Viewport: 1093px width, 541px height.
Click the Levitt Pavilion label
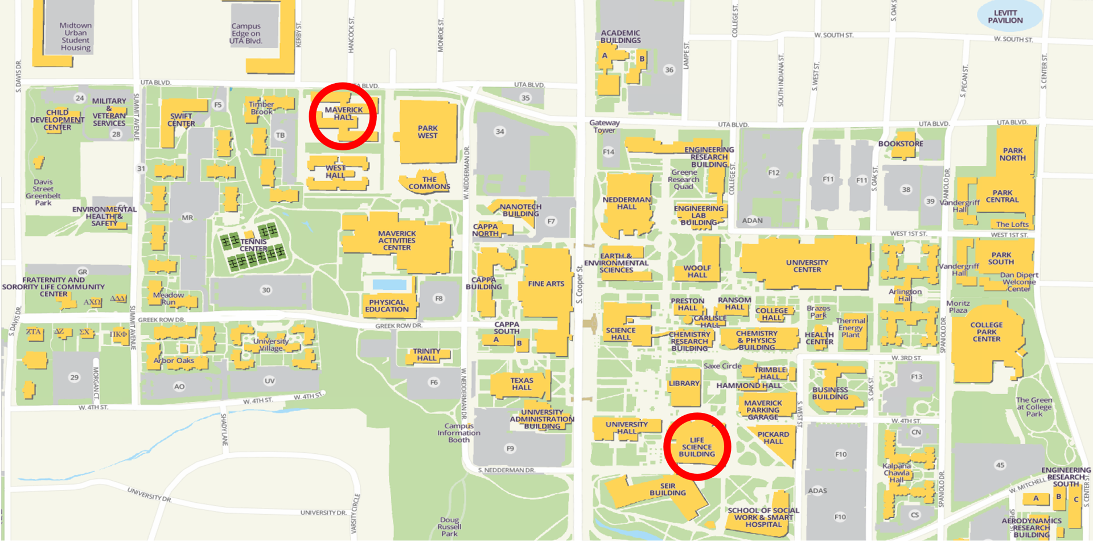1005,17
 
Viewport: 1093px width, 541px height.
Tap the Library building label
684,383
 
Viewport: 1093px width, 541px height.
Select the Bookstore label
900,144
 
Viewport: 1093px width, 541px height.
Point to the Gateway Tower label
604,126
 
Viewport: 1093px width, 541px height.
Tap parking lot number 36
669,70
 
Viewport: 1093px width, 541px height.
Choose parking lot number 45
1000,465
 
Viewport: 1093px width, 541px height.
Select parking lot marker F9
510,449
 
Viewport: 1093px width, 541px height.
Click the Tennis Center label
253,245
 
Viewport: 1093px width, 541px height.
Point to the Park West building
428,132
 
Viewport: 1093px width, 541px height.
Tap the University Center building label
807,266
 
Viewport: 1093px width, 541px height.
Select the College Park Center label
987,332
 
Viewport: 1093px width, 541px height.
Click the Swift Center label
181,120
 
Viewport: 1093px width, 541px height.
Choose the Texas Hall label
521,384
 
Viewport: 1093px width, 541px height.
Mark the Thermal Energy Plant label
850,327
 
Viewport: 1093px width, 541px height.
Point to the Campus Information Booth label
459,433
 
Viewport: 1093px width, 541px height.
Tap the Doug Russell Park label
449,527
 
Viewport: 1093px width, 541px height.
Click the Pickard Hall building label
773,437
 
